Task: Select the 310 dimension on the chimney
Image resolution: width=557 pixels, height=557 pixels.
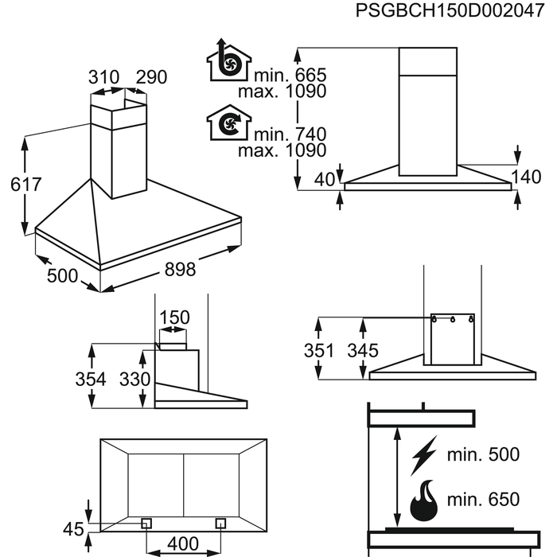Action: point(103,77)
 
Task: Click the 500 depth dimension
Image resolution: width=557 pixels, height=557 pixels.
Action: point(62,276)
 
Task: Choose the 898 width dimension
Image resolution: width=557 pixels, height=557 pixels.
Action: point(180,270)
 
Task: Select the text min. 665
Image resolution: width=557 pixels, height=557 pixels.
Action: point(290,75)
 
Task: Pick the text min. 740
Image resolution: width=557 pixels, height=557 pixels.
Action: point(290,134)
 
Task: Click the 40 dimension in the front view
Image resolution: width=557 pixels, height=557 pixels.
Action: point(324,180)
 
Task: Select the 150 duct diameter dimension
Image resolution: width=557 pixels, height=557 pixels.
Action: point(174,318)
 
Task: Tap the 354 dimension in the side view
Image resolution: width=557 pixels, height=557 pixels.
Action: point(92,380)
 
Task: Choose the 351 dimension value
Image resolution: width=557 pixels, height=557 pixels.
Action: point(318,351)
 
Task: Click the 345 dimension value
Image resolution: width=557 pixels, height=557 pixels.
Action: point(363,351)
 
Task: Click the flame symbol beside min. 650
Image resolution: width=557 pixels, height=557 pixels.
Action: point(425,499)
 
